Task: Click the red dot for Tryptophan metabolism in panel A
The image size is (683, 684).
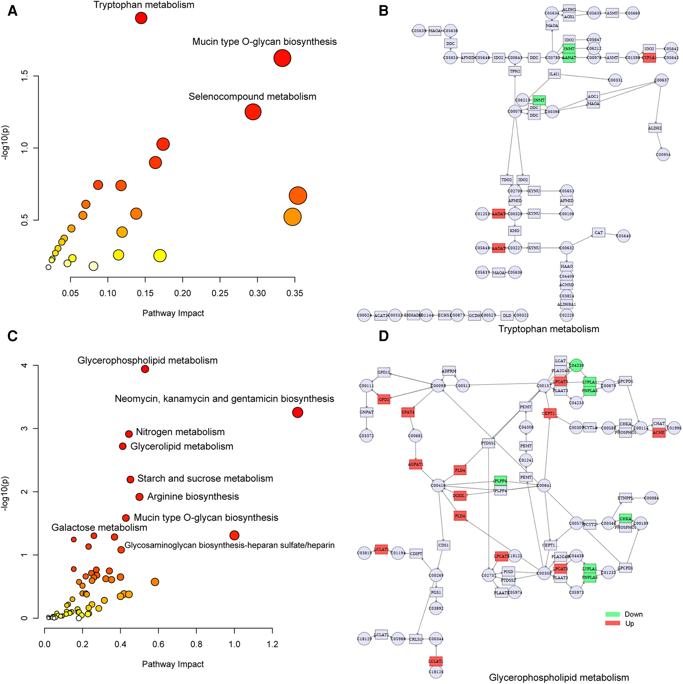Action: pyautogui.click(x=141, y=18)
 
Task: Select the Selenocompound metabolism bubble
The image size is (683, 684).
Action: pyautogui.click(x=253, y=112)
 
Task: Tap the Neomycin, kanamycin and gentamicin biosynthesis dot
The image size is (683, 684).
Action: pyautogui.click(x=297, y=412)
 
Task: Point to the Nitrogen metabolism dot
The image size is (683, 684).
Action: pyautogui.click(x=129, y=434)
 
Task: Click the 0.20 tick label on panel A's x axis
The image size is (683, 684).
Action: pyautogui.click(x=182, y=293)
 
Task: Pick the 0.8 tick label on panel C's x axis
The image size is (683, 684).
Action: pyautogui.click(x=196, y=644)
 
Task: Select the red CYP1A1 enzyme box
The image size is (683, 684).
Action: pyautogui.click(x=649, y=57)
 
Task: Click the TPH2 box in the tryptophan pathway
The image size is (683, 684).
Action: pyautogui.click(x=515, y=71)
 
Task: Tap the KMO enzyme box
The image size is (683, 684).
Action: pyautogui.click(x=514, y=231)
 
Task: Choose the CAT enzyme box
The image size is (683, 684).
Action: pyautogui.click(x=599, y=233)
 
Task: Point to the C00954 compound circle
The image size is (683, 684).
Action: pyautogui.click(x=663, y=155)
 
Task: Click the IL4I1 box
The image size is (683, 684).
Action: pyautogui.click(x=554, y=74)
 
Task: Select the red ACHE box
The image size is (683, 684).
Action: pyautogui.click(x=659, y=432)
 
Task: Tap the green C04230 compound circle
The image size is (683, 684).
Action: pyautogui.click(x=576, y=365)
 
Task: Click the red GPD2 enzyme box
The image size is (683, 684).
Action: pyautogui.click(x=384, y=399)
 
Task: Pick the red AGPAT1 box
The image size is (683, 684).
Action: pyautogui.click(x=415, y=464)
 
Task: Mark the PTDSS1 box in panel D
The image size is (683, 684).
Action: pyautogui.click(x=488, y=443)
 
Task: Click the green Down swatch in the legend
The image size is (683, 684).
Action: pyautogui.click(x=612, y=614)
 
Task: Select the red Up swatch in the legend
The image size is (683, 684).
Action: pyautogui.click(x=612, y=623)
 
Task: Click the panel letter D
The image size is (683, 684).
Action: pyautogui.click(x=384, y=336)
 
